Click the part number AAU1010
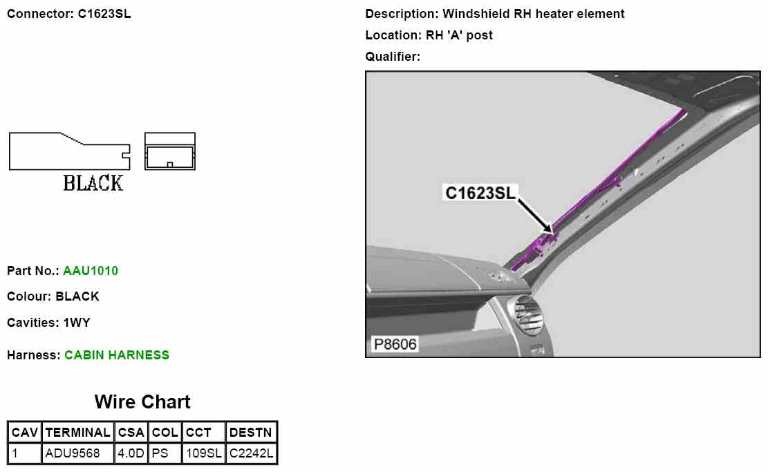91,271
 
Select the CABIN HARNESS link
117,355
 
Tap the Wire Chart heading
142,402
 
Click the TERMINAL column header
77,433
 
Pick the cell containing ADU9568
73,454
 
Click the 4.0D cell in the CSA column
131,454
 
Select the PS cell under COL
160,454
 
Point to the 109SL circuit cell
203,454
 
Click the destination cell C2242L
252,454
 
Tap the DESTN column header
252,433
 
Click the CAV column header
25,433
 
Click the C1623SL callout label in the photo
480,193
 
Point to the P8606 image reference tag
395,344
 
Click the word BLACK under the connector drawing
93,183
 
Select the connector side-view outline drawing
68,151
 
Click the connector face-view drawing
170,151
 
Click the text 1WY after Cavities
77,323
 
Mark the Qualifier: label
393,57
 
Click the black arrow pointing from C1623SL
535,214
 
